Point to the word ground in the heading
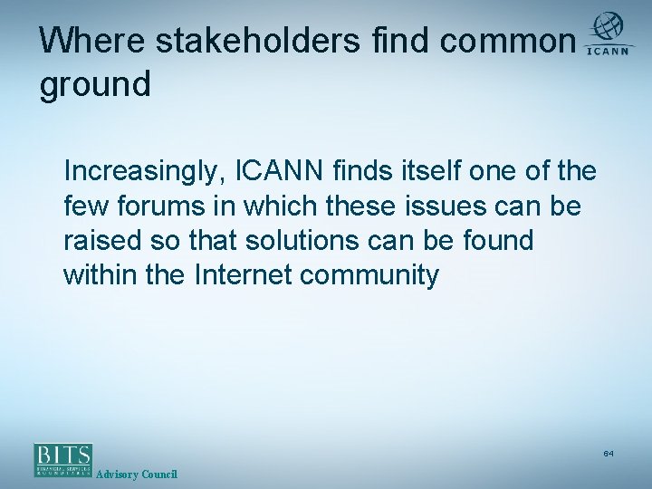tap(94, 85)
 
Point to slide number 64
tap(609, 452)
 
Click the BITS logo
tap(63, 460)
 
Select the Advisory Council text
tap(137, 475)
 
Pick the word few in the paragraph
tap(84, 206)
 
